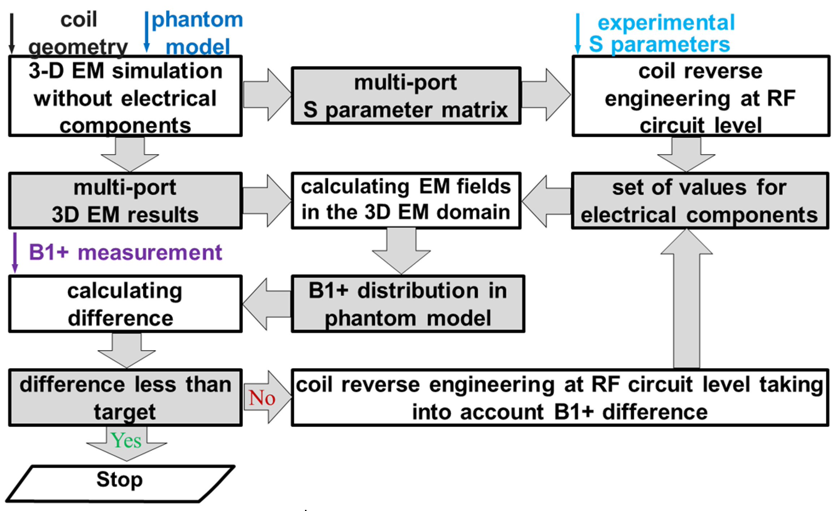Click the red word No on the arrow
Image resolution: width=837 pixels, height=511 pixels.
coord(262,398)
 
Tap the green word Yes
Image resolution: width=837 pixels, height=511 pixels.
coord(126,441)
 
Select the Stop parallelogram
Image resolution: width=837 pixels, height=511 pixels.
coord(120,484)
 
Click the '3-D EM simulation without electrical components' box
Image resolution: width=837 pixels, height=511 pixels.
coord(125,96)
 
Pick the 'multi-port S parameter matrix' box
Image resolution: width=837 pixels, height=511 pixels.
coord(406,96)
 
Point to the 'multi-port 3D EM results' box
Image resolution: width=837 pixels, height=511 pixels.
coord(125,201)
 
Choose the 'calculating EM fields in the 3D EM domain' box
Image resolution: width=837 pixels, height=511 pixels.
coord(406,200)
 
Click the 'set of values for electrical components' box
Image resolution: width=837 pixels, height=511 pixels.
coord(700,201)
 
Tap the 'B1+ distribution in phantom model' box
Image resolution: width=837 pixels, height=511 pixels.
coord(408,304)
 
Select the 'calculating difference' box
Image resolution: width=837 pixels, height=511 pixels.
coord(125,304)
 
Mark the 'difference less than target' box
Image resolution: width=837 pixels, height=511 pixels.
coord(125,398)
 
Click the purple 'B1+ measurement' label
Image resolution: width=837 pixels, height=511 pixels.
coord(125,252)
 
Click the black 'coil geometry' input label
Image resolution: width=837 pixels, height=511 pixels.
coord(78,33)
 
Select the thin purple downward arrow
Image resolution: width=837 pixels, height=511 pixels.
coord(15,252)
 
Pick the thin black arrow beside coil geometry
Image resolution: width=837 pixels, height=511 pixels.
coord(12,33)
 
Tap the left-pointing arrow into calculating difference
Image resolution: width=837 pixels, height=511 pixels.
coord(267,304)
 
